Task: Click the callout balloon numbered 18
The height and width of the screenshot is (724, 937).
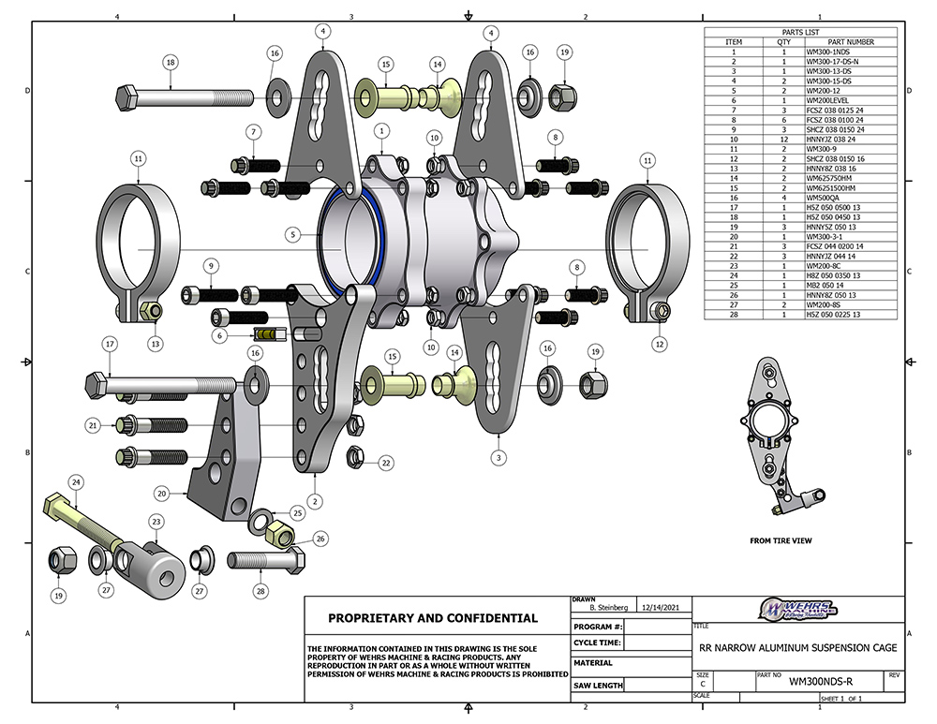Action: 170,63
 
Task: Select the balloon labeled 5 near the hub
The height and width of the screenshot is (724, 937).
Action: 292,235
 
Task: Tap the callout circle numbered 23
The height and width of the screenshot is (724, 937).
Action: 156,523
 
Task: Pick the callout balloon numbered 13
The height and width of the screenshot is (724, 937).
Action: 155,343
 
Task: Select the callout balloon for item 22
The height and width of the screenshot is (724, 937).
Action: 385,462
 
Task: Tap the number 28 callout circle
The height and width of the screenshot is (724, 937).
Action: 261,591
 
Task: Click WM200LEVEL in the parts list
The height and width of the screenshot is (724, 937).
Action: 825,99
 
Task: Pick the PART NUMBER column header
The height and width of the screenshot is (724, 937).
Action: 853,42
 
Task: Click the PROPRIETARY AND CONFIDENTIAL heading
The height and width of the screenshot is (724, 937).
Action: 433,618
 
